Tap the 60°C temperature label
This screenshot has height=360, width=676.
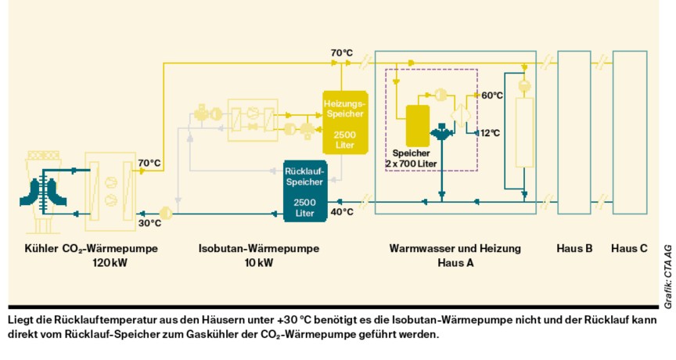491,95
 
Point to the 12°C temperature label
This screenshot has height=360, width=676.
491,133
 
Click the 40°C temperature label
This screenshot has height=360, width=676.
342,212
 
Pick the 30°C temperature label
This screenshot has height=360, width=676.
149,223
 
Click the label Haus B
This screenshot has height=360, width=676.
574,249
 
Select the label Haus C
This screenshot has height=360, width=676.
629,249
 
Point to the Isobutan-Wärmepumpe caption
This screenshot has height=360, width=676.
258,249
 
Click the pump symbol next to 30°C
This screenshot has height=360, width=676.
164,212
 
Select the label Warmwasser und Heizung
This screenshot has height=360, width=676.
455,249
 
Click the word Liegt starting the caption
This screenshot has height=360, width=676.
21,319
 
